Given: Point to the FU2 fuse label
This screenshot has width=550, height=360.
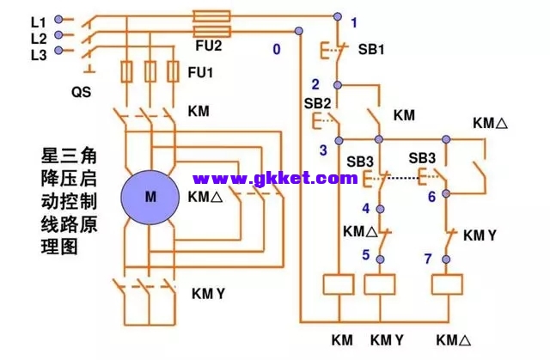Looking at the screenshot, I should pyautogui.click(x=208, y=44).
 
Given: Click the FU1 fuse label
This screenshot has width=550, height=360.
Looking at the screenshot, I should pyautogui.click(x=200, y=73).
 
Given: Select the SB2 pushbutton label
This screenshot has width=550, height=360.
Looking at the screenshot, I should pyautogui.click(x=318, y=103).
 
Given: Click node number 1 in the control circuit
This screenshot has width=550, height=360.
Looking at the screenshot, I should pyautogui.click(x=353, y=21).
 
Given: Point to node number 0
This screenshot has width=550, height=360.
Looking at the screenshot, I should pyautogui.click(x=277, y=49).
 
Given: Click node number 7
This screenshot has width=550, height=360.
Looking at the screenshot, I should pyautogui.click(x=428, y=257).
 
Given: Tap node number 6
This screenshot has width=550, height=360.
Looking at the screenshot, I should pyautogui.click(x=431, y=196).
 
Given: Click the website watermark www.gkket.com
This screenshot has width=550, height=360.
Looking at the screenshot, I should pyautogui.click(x=275, y=179).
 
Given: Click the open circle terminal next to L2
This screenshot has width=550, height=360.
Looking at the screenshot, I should pyautogui.click(x=58, y=36).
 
